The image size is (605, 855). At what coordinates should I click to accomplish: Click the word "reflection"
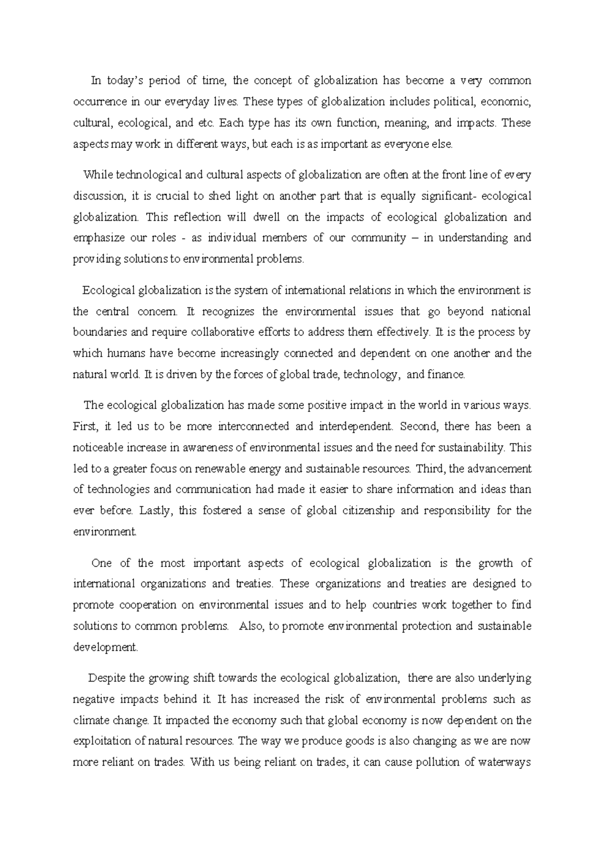[x=197, y=217]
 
